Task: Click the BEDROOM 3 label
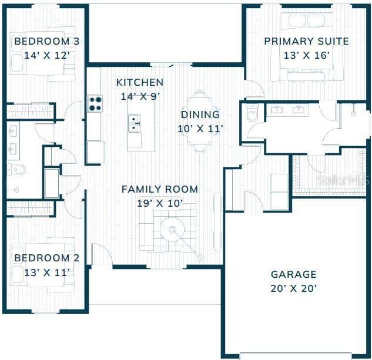click(x=47, y=41)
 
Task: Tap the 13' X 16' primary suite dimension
click(x=307, y=55)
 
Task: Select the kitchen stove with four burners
click(x=95, y=103)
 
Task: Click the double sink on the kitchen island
click(x=134, y=123)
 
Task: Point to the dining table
click(x=200, y=121)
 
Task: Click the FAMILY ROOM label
click(x=160, y=189)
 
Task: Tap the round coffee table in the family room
click(x=172, y=230)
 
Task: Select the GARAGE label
click(x=294, y=274)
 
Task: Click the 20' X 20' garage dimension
click(x=294, y=288)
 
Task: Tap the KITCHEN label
click(x=140, y=83)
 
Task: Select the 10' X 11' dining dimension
click(x=200, y=129)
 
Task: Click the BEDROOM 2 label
click(x=47, y=258)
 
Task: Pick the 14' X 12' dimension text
click(x=47, y=55)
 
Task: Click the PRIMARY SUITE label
click(x=307, y=41)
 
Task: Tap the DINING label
click(x=200, y=115)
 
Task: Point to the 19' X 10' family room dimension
click(x=160, y=203)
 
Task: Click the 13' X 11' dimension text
click(x=47, y=272)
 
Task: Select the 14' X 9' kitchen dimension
click(x=140, y=96)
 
